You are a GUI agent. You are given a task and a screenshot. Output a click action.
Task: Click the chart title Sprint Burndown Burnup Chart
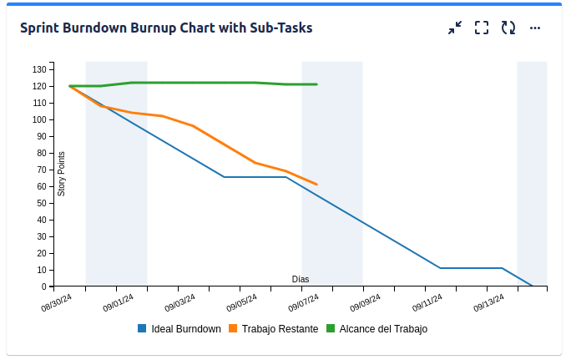click(166, 28)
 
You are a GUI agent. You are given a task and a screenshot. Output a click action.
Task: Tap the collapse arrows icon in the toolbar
click(454, 28)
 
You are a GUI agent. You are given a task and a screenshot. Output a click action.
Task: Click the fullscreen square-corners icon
click(482, 28)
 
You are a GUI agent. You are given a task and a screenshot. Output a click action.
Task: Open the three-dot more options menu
click(535, 28)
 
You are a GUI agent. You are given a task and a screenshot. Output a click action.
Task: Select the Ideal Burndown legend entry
click(179, 329)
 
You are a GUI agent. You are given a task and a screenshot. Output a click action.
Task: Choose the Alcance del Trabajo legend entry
click(376, 329)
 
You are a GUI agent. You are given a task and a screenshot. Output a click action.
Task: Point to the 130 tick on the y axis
click(39, 69)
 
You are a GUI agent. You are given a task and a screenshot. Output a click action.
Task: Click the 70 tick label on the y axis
click(41, 170)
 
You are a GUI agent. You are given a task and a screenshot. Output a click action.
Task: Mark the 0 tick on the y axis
click(44, 286)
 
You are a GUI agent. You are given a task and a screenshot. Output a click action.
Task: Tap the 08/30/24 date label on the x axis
click(57, 302)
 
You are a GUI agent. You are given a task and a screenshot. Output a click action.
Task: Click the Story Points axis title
click(61, 174)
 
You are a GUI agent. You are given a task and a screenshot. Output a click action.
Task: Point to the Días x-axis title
click(301, 279)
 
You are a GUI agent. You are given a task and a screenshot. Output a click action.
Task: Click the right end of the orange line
click(316, 184)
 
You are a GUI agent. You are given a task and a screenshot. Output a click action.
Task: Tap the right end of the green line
click(316, 84)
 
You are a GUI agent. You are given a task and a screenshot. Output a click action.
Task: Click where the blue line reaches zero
click(532, 286)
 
